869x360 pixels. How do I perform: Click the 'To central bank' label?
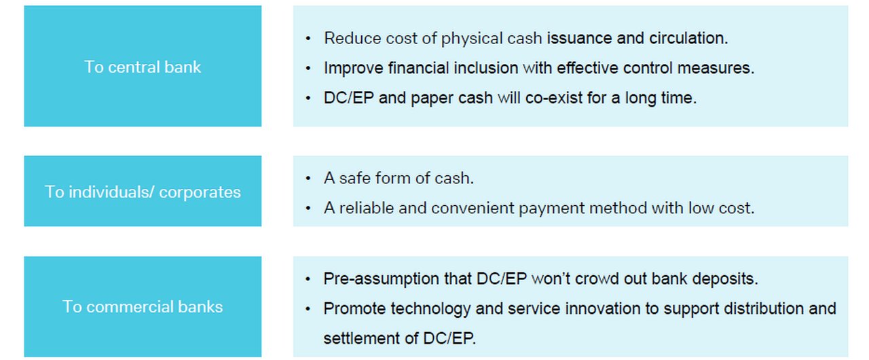pos(143,67)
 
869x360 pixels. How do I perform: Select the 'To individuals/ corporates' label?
pos(143,192)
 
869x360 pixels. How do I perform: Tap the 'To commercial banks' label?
pos(143,307)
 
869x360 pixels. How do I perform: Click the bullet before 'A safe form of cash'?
pos(308,179)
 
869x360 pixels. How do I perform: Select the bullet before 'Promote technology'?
pos(308,309)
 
